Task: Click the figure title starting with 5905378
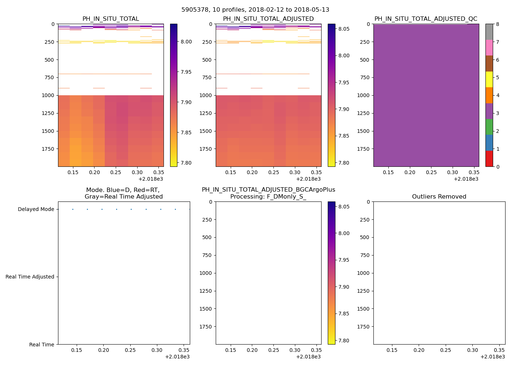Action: [x=255, y=10]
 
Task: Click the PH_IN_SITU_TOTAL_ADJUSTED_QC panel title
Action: [x=426, y=19]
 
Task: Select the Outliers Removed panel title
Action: [x=439, y=197]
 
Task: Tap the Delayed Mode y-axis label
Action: [x=36, y=210]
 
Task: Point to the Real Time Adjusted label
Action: [x=30, y=277]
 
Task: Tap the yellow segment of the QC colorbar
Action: [x=489, y=79]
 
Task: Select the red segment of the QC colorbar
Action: [x=489, y=159]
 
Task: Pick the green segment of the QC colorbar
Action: [x=489, y=127]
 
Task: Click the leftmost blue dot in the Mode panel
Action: [x=73, y=209]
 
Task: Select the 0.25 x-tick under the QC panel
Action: [x=431, y=173]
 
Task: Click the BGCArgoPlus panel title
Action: [x=268, y=193]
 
